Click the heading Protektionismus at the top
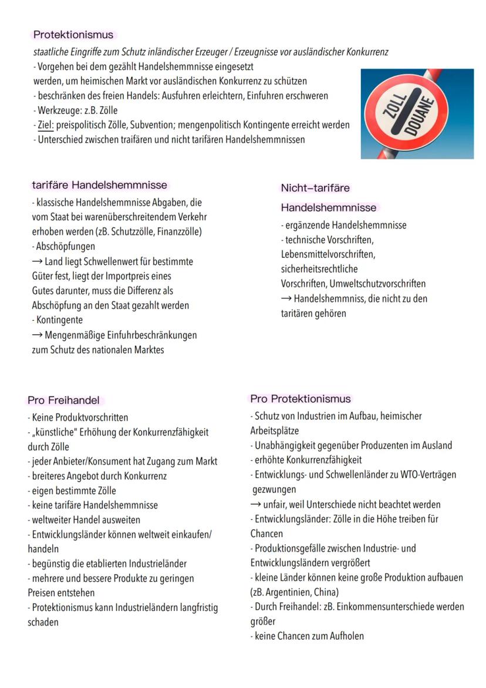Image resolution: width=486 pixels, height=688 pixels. point(73,35)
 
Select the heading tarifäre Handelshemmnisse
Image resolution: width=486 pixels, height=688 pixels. point(99,185)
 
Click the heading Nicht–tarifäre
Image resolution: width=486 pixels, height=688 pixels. point(315,188)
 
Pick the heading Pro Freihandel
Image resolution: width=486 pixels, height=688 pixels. point(64,400)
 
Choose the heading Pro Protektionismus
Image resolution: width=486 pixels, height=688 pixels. point(300,398)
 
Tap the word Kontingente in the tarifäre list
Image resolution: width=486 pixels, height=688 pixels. point(59,320)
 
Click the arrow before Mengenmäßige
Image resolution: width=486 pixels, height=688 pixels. point(37,335)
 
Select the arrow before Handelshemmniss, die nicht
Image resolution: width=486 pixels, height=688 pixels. point(286,298)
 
